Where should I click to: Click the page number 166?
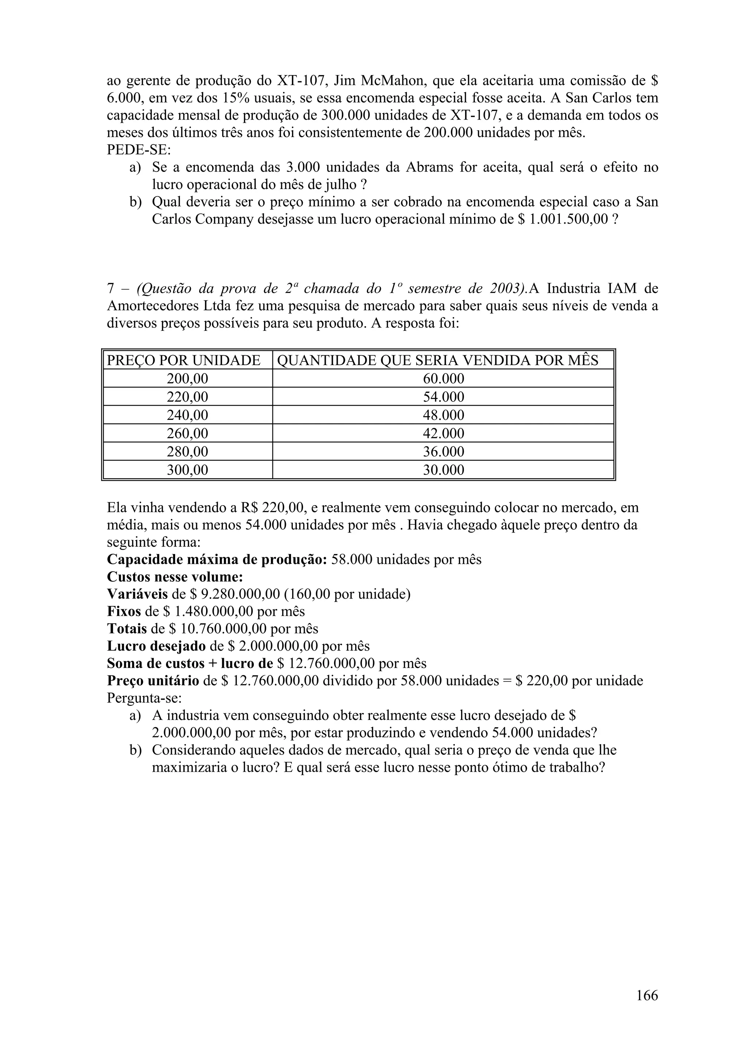tap(647, 995)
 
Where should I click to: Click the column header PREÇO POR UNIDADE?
tap(183, 360)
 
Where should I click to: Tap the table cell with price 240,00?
tap(187, 415)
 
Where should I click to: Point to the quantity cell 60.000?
tap(443, 379)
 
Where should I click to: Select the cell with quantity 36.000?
tap(443, 452)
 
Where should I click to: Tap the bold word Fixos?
tap(124, 611)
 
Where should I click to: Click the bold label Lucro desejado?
tap(156, 646)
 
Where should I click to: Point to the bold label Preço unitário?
tap(153, 681)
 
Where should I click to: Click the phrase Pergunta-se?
tap(144, 698)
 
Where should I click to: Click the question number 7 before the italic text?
tap(111, 289)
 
